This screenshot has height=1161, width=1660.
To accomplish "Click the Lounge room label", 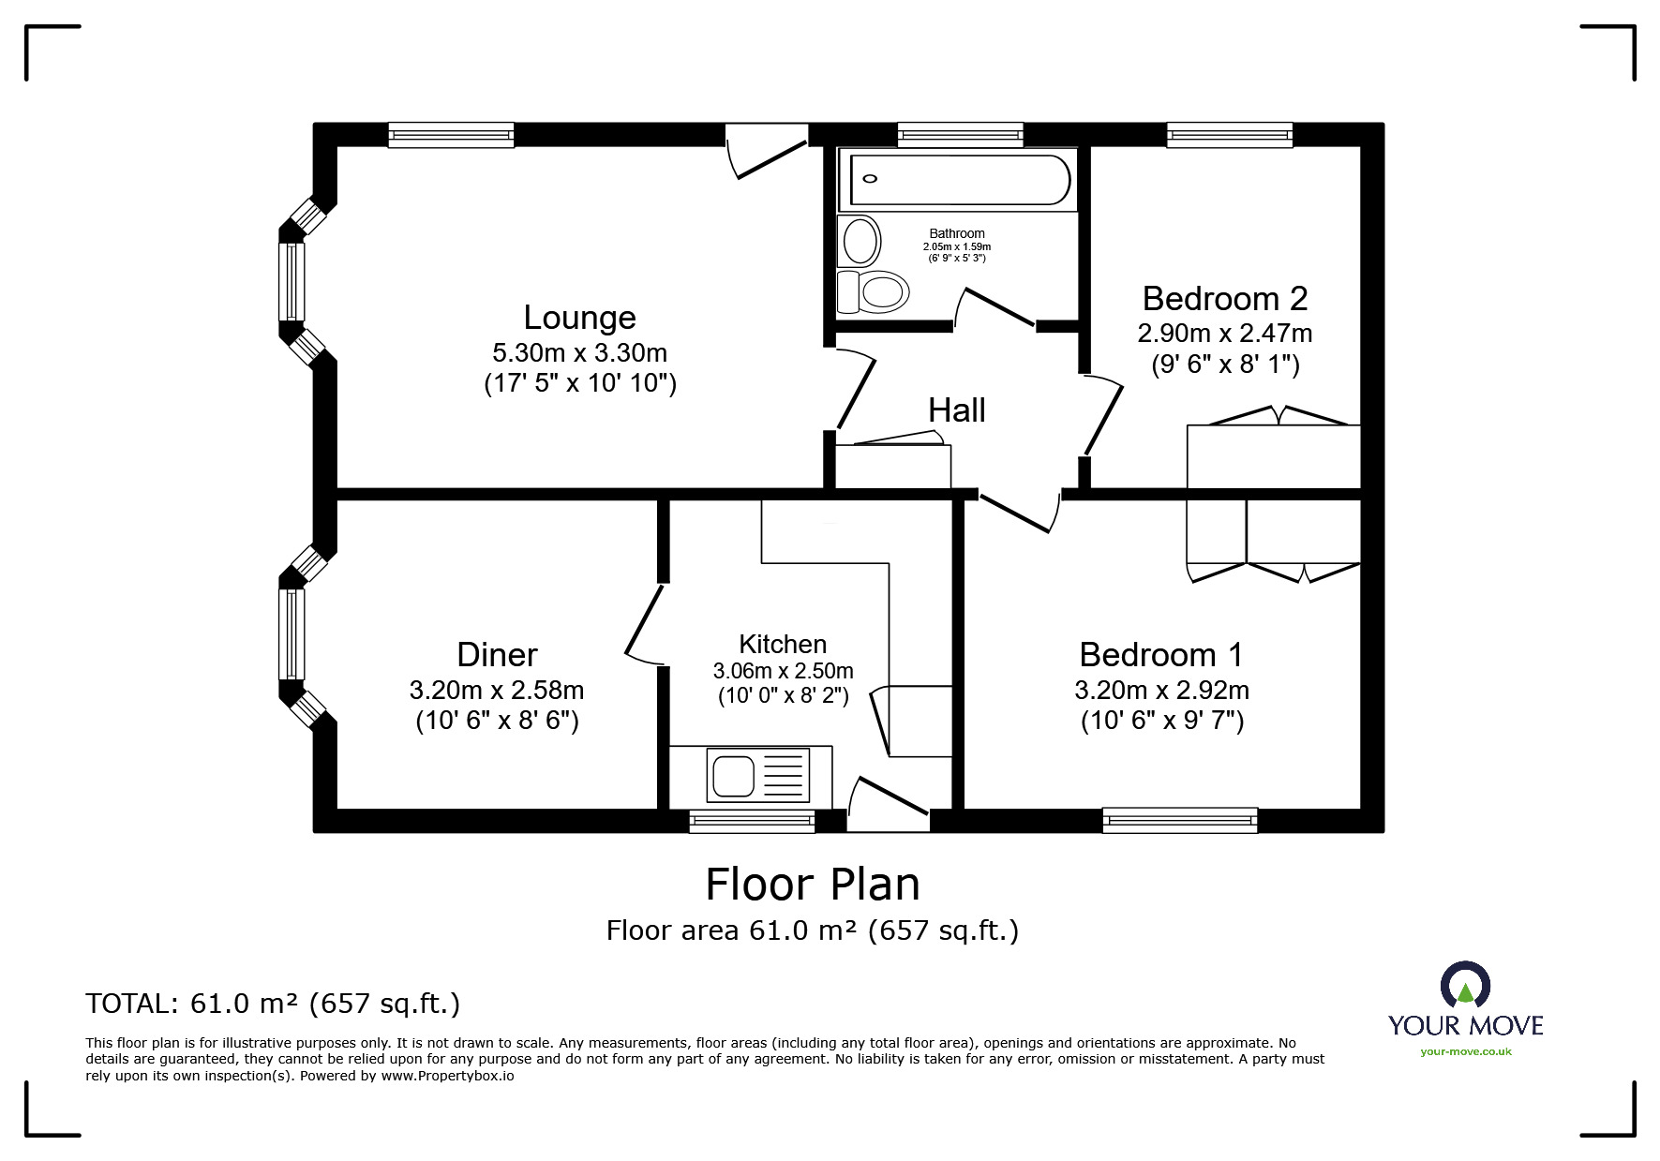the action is point(579,318).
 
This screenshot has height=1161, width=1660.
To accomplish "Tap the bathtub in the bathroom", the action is point(960,179).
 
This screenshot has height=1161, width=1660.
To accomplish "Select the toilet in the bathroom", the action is point(874,291).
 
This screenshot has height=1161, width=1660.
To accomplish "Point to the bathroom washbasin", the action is point(860,240).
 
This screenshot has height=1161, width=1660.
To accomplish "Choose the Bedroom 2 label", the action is point(1225,298).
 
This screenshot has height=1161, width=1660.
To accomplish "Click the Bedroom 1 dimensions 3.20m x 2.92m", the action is point(1161,691).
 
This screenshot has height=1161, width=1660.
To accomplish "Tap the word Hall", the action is point(957,410).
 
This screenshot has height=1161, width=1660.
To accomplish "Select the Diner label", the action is point(497,654).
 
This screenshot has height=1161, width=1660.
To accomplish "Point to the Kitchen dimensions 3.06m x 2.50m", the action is point(783,671).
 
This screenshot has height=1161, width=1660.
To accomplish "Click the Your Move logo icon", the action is point(1465,985).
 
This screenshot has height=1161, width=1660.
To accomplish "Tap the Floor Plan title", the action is point(813,884).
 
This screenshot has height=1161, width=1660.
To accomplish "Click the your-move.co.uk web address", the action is point(1466,1051).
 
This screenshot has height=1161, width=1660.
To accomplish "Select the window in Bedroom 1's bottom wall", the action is point(1180,821).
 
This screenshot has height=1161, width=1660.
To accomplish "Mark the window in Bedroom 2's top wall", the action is point(1230,135).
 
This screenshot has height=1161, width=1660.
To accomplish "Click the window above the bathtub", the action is point(961,135).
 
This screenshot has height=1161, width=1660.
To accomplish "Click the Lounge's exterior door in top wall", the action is point(767,150).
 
